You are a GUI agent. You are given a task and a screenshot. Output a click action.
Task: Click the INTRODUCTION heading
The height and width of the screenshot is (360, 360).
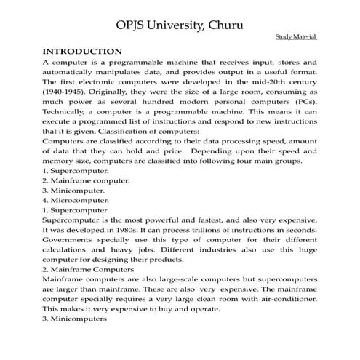82,52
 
